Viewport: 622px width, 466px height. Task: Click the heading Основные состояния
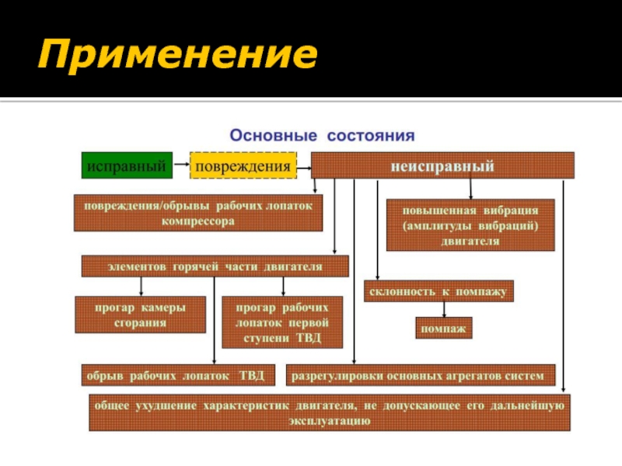[x=321, y=134]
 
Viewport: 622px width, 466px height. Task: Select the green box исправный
[x=127, y=165]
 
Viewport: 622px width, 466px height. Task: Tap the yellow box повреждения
[x=243, y=165]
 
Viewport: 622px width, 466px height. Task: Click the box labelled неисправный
[x=442, y=165]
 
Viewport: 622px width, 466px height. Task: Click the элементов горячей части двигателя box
[x=215, y=266]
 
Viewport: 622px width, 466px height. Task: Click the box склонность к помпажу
[x=439, y=291]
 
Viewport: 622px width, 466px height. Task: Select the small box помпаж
[x=444, y=329]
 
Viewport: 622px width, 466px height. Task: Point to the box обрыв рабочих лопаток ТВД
[x=177, y=376]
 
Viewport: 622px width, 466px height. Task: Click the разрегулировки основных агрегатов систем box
[x=421, y=376]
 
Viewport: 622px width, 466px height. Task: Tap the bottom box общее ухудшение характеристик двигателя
[x=330, y=413]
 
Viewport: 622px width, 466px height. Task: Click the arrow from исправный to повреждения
[x=180, y=165]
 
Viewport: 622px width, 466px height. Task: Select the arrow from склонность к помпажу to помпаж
[x=444, y=309]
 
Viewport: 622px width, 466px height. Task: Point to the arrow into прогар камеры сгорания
[x=141, y=287]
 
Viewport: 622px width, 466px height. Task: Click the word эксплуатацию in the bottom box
[x=330, y=421]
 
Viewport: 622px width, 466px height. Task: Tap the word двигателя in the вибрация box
[x=470, y=241]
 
